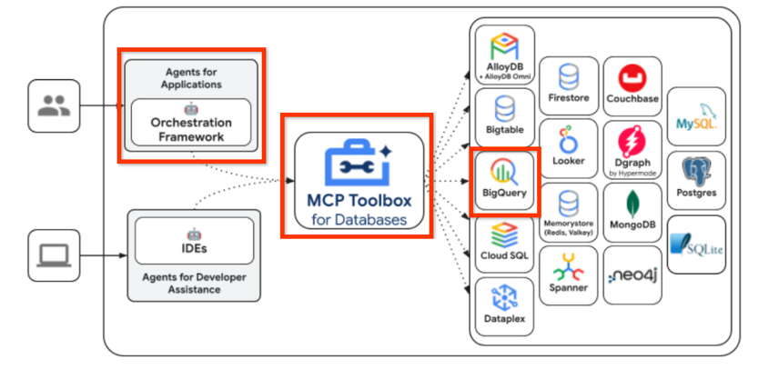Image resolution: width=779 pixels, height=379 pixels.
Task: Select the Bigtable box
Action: click(x=503, y=116)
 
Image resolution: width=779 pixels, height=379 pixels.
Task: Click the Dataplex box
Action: click(x=503, y=306)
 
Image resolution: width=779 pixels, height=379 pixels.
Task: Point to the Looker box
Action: click(x=569, y=146)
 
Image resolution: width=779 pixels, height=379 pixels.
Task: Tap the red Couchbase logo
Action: click(x=632, y=76)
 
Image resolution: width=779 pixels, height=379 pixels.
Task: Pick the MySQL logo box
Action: click(x=697, y=116)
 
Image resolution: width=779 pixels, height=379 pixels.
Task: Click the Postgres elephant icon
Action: click(x=697, y=171)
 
